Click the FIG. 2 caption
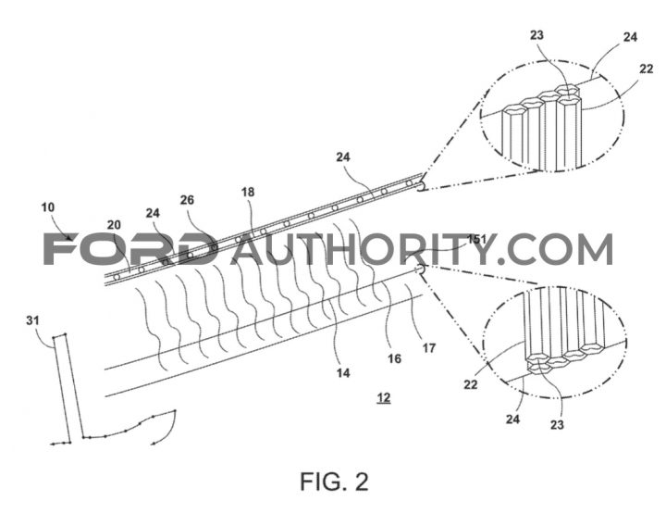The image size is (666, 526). (x=334, y=482)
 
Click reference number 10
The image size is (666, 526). (x=48, y=207)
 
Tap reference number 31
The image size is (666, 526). (x=32, y=320)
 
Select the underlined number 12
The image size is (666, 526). (x=384, y=398)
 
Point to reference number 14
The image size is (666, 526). (x=343, y=373)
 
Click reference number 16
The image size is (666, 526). (x=394, y=359)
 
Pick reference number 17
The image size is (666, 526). (x=429, y=348)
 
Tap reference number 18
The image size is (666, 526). (x=248, y=193)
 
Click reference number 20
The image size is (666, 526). (x=114, y=225)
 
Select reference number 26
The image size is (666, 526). (x=187, y=200)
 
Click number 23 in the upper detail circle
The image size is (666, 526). (x=536, y=35)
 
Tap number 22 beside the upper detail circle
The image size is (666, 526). (x=646, y=69)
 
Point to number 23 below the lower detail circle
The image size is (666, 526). (x=557, y=424)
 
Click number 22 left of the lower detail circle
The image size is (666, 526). (x=471, y=385)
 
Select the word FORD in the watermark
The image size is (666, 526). (x=129, y=249)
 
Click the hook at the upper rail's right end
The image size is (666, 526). (x=421, y=186)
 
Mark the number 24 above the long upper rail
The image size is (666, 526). (x=343, y=157)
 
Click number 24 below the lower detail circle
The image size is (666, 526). (x=512, y=420)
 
